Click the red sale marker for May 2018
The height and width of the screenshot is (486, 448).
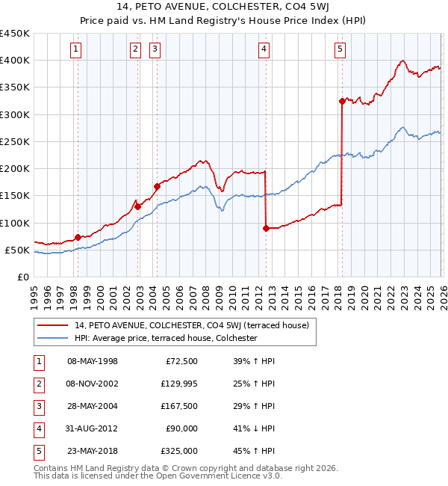tap(342, 101)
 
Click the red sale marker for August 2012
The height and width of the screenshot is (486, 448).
tap(266, 228)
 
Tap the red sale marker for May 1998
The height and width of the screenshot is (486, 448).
tap(78, 237)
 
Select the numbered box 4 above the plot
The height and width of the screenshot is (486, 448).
tap(264, 49)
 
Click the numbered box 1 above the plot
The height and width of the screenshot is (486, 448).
tap(77, 49)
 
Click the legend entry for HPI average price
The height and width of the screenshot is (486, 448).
tap(166, 338)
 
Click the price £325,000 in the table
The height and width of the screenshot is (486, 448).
tap(180, 451)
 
